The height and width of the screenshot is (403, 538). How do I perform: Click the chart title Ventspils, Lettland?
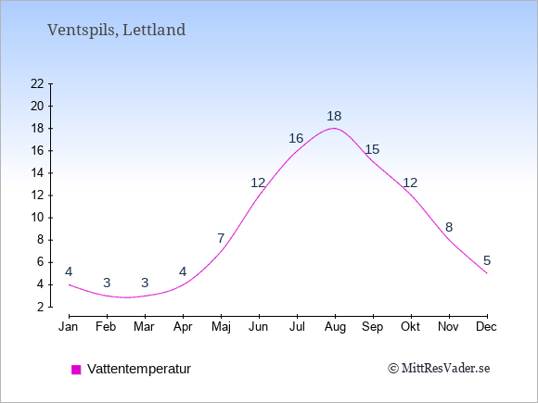(116, 30)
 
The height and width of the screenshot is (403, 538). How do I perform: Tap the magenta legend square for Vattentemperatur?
(76, 370)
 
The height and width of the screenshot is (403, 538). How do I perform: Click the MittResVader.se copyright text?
(439, 369)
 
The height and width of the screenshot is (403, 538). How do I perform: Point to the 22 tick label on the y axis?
(37, 83)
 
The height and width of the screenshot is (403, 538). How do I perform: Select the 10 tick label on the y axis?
(37, 218)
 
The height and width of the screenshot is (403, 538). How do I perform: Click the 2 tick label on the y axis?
(41, 307)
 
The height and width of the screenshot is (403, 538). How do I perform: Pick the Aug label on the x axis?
(335, 327)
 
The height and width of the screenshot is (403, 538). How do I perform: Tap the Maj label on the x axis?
(221, 327)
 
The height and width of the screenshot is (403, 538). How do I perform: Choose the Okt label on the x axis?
(410, 327)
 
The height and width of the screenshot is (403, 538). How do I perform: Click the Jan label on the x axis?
(69, 327)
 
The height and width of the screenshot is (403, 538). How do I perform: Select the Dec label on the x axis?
(486, 327)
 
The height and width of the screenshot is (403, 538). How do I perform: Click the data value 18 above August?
(334, 116)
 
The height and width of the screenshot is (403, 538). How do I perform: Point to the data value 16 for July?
(296, 138)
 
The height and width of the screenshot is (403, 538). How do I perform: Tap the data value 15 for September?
(372, 149)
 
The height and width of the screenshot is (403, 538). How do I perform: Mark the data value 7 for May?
(221, 238)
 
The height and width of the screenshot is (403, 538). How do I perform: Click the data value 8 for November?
(449, 227)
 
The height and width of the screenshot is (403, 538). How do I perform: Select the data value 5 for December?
(487, 260)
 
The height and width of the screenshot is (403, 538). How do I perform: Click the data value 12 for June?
(258, 183)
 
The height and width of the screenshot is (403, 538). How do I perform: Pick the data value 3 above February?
(107, 283)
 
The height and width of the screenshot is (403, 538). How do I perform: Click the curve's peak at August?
(335, 128)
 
